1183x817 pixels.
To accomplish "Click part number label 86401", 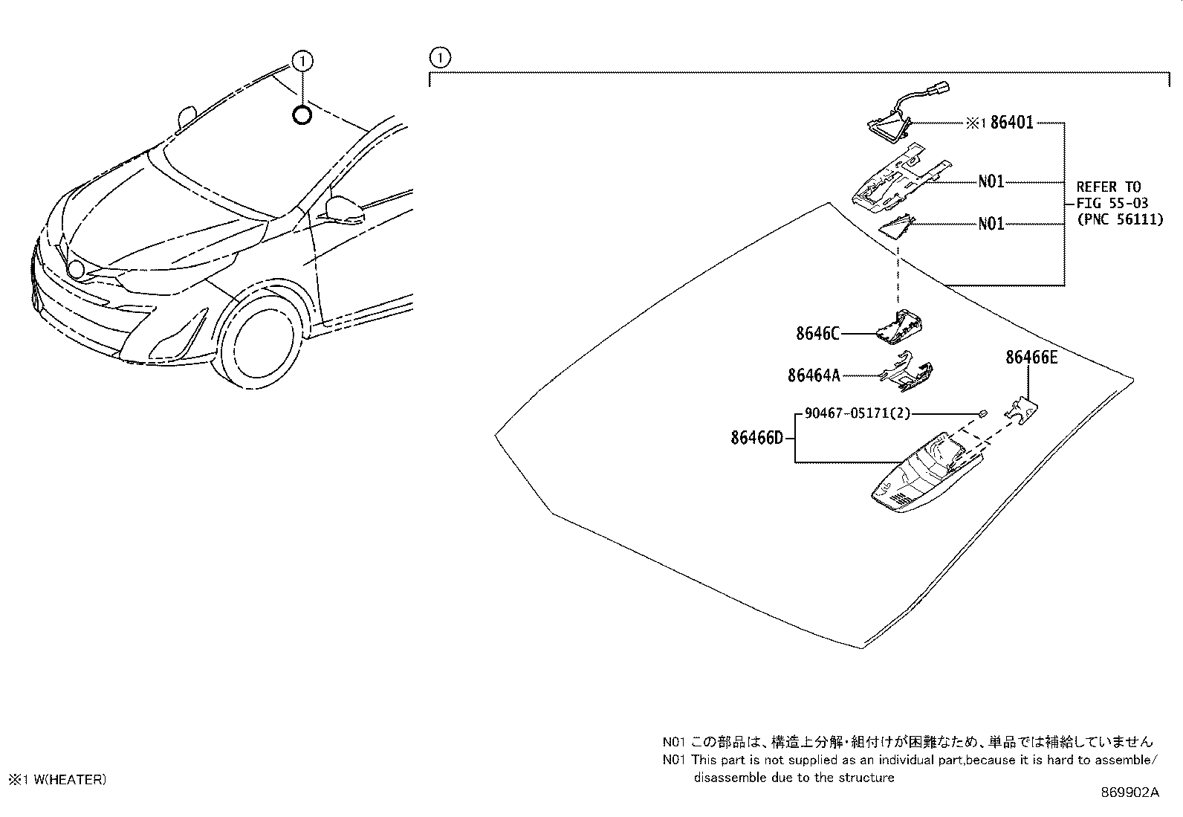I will [1011, 123].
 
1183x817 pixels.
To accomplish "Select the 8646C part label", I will [817, 334].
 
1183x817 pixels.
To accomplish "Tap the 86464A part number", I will [814, 376].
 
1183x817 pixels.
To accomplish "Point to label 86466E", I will [1031, 358].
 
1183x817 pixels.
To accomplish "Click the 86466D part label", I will [756, 438].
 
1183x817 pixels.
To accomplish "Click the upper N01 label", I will [991, 181].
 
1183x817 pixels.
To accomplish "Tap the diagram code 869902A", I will [1129, 792].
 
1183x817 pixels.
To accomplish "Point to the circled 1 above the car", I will [302, 60].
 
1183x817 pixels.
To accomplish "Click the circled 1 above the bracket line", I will [440, 57].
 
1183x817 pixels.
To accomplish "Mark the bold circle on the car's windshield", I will [302, 115].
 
